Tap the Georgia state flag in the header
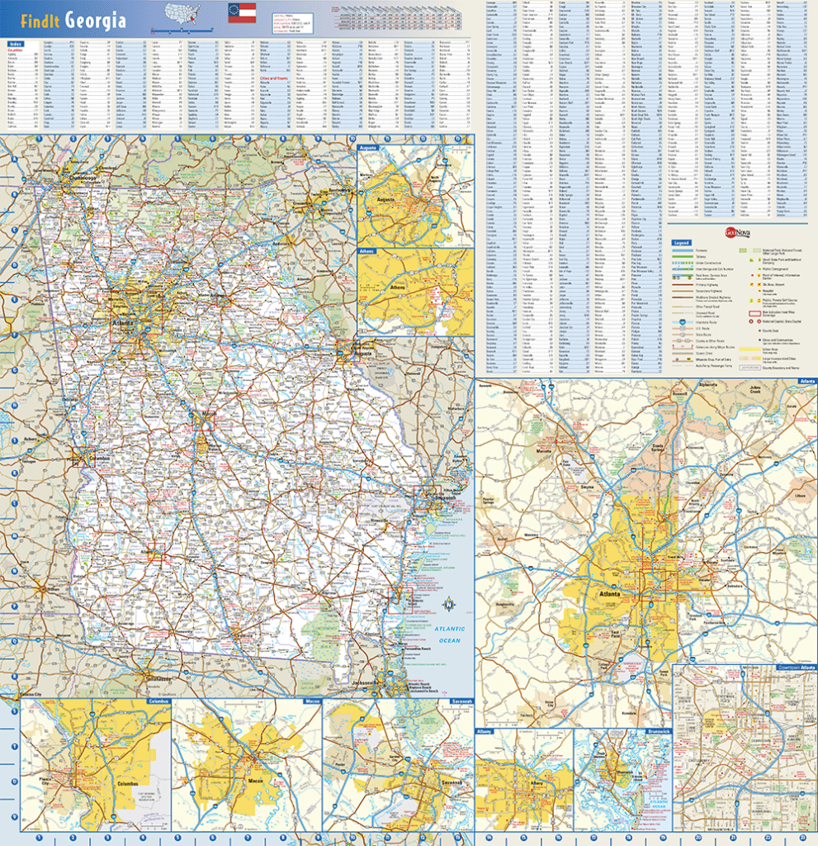[242, 12]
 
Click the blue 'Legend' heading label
[681, 243]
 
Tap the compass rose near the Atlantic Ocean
[448, 604]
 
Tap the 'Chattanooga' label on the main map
[83, 178]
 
